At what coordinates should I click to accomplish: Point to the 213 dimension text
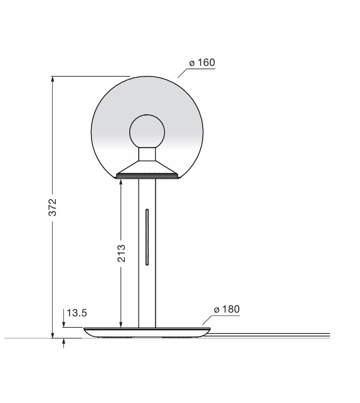[122, 253]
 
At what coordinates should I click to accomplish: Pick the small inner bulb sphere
[147, 131]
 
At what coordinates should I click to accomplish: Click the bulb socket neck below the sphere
[147, 154]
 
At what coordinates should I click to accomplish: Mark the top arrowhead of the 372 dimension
[53, 80]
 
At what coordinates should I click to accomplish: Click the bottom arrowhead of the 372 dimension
[53, 335]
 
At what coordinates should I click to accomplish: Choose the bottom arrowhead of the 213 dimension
[120, 324]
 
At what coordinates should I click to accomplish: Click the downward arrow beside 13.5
[64, 325]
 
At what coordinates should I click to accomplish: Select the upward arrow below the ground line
[64, 343]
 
